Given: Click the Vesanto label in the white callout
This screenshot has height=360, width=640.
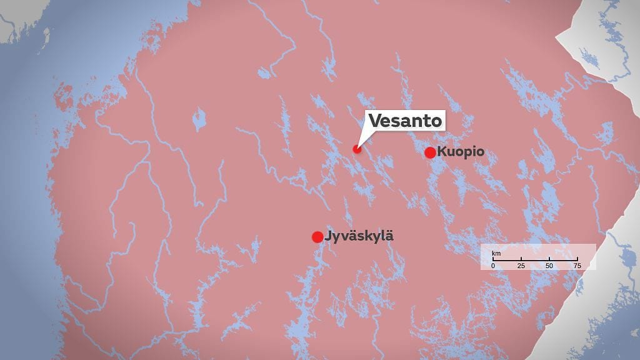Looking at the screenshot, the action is pyautogui.click(x=405, y=121).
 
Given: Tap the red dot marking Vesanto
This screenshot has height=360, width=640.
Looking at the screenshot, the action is pyautogui.click(x=357, y=149).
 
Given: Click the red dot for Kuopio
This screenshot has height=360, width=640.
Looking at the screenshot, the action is pyautogui.click(x=430, y=152).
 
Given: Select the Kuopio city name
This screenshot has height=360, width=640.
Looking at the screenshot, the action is pyautogui.click(x=461, y=152).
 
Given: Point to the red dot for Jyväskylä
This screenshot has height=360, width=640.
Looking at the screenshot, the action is pyautogui.click(x=317, y=237).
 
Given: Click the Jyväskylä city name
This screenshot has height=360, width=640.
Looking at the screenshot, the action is pyautogui.click(x=359, y=236).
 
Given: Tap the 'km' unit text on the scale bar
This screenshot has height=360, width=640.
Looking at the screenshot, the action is pyautogui.click(x=496, y=253).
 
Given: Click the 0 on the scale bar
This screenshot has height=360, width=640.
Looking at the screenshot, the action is pyautogui.click(x=492, y=266).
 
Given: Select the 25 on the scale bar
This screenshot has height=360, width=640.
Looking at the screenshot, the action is pyautogui.click(x=521, y=266).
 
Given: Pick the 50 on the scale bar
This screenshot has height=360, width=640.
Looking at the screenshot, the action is pyautogui.click(x=549, y=266).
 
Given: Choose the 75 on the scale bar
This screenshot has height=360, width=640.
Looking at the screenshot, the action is pyautogui.click(x=577, y=266).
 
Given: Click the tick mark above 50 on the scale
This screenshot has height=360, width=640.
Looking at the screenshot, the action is pyautogui.click(x=549, y=259).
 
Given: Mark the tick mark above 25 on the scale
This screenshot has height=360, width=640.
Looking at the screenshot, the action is pyautogui.click(x=521, y=259).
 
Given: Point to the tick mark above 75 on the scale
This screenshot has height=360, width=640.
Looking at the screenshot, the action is pyautogui.click(x=577, y=259).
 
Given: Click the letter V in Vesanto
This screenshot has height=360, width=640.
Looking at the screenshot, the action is pyautogui.click(x=375, y=121).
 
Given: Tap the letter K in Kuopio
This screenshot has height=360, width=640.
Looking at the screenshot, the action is pyautogui.click(x=442, y=152).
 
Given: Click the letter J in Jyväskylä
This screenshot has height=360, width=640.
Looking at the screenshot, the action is pyautogui.click(x=328, y=236).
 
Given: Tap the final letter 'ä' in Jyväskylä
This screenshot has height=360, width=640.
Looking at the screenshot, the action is pyautogui.click(x=390, y=236).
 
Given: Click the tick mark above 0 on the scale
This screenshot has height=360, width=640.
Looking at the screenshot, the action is pyautogui.click(x=492, y=259).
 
